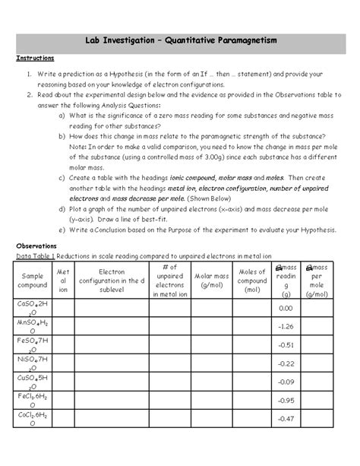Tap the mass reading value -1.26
286,326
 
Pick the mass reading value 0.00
286,308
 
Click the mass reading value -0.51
286,344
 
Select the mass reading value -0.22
286,363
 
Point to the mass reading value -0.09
286,382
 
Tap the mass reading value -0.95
286,400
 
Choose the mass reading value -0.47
286,418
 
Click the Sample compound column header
33,279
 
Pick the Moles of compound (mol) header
251,279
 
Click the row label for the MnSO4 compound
33,326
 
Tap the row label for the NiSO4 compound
33,363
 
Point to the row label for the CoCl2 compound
33,418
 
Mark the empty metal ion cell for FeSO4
63,344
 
